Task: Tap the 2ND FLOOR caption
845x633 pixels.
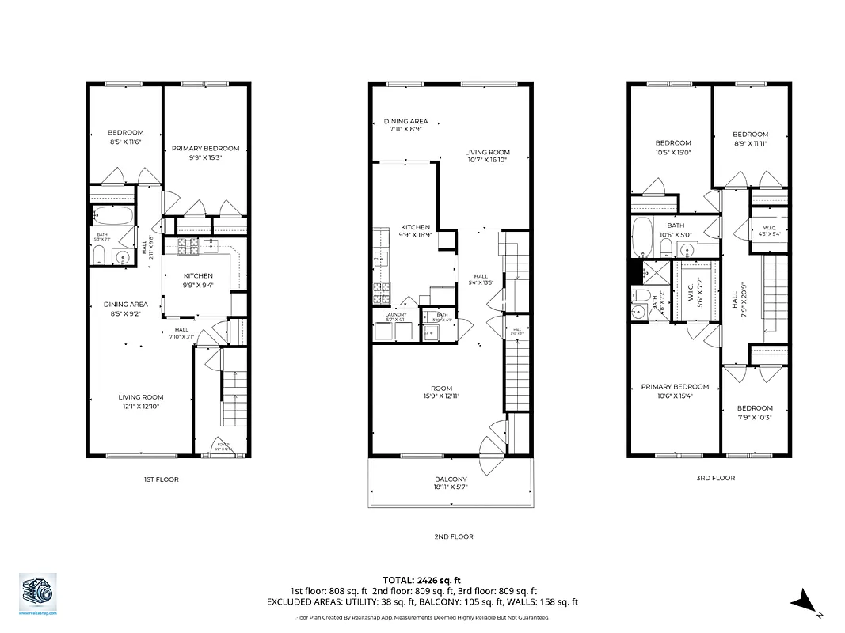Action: tap(454, 536)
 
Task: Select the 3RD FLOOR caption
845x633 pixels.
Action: tap(715, 478)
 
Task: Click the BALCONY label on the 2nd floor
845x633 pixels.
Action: tap(451, 479)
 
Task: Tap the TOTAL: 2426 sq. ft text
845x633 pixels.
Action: tap(421, 580)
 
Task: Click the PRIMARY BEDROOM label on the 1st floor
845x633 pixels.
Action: tap(205, 148)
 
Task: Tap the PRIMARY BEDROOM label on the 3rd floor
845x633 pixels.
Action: tap(675, 387)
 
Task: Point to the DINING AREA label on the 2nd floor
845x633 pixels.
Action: tap(406, 121)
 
